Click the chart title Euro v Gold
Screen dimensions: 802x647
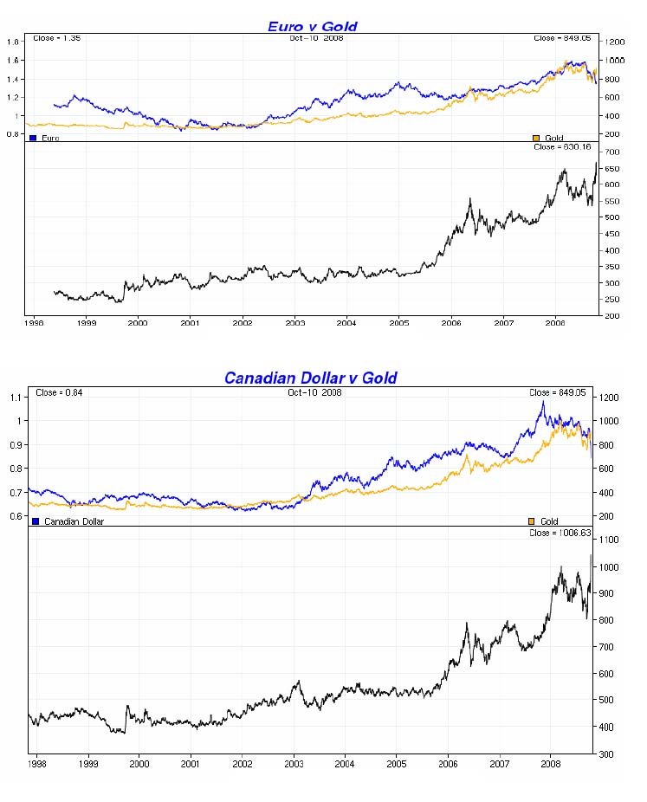(x=312, y=26)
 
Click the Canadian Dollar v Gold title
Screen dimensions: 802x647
(x=310, y=378)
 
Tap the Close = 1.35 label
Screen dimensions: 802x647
(x=56, y=38)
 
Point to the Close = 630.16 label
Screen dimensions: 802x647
(x=562, y=147)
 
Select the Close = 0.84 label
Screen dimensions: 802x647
(x=58, y=392)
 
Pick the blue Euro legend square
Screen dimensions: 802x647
(x=33, y=138)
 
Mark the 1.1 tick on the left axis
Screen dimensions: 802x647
(x=14, y=398)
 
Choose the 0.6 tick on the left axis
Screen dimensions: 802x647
(x=14, y=517)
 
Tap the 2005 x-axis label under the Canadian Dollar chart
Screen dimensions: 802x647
(x=396, y=765)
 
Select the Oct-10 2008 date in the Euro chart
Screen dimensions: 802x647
(x=315, y=38)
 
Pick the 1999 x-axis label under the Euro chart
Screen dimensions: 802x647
(x=86, y=323)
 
